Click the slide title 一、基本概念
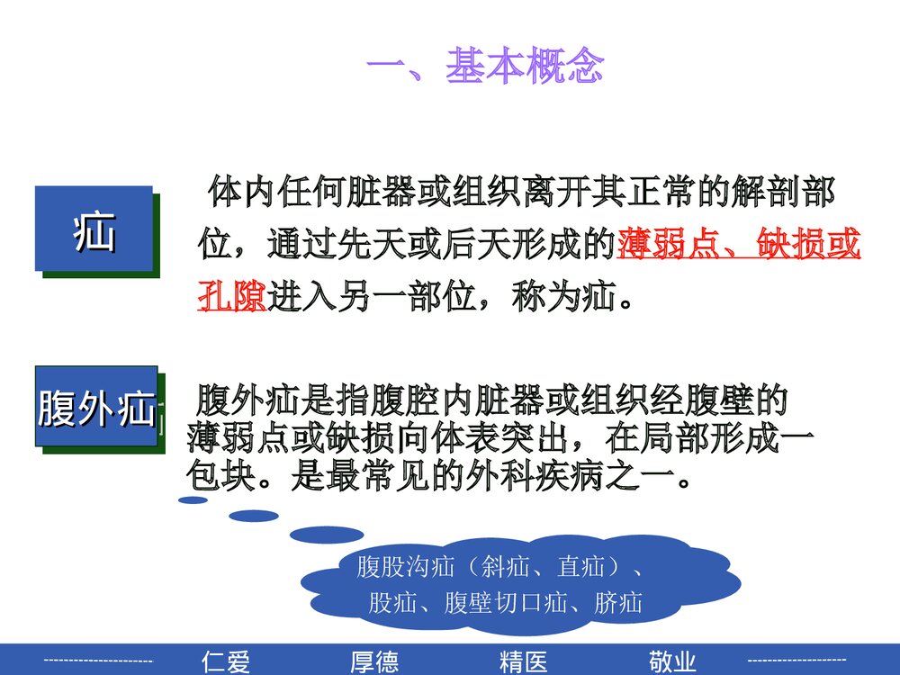[x=485, y=67]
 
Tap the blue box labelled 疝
[x=94, y=229]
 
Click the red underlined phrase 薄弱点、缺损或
[x=739, y=244]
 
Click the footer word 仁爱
[x=226, y=661]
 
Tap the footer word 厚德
[x=373, y=661]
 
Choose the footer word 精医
[x=523, y=661]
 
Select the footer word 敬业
[x=671, y=661]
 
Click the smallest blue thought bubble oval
[x=193, y=500]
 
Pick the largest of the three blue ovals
[x=326, y=535]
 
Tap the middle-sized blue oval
[x=254, y=516]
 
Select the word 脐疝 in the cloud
[x=618, y=603]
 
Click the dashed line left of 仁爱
[x=98, y=661]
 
